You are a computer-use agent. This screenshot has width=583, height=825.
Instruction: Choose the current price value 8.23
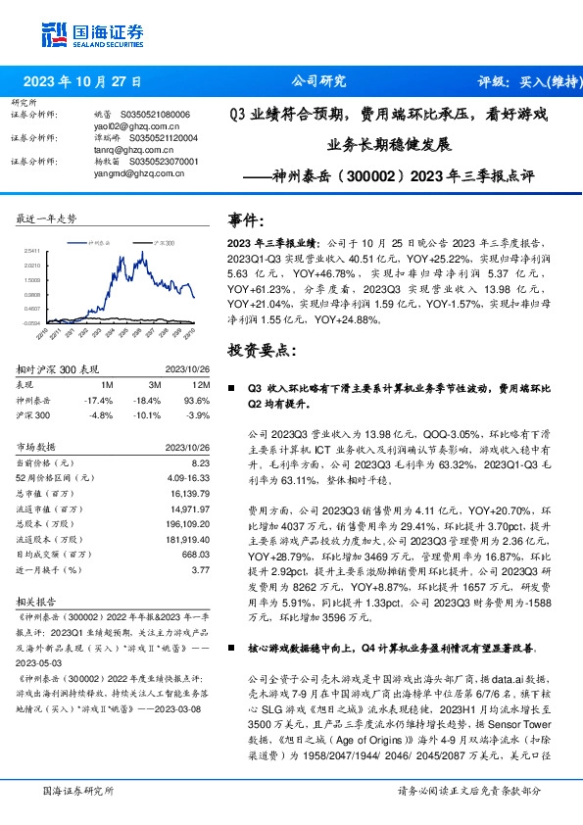[201, 461]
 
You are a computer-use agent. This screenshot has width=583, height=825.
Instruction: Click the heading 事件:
[246, 220]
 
